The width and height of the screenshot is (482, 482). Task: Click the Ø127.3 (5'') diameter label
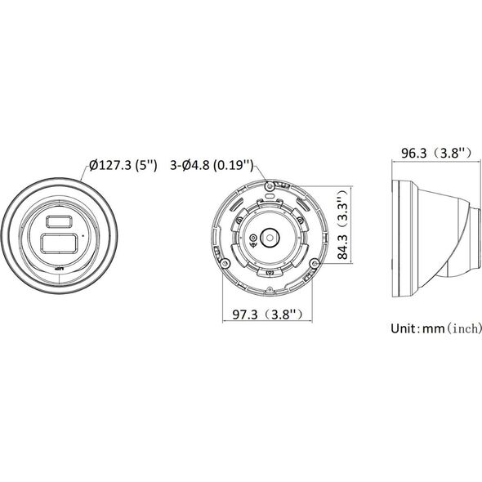point(123,165)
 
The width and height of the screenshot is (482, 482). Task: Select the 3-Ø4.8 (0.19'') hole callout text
point(212,165)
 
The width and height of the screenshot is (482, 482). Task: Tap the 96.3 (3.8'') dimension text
point(436,153)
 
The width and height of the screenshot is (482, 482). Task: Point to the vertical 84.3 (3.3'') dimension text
point(342,225)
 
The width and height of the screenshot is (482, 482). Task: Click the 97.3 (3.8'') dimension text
point(267,315)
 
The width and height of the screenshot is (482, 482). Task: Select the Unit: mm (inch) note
point(436,328)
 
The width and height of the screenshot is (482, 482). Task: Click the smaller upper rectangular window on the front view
point(59,221)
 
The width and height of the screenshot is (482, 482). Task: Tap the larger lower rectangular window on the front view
point(58,243)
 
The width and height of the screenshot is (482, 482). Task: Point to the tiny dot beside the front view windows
point(83,236)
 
